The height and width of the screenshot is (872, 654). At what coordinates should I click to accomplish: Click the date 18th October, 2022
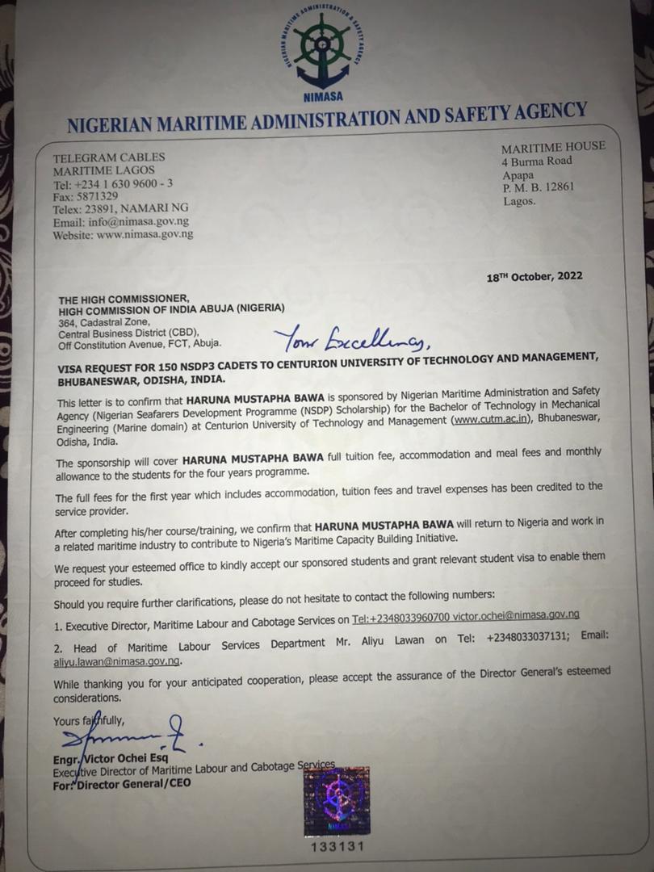[x=534, y=276]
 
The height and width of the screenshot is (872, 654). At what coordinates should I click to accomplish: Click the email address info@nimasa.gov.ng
[x=121, y=221]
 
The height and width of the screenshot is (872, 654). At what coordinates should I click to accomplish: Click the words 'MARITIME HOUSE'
[x=552, y=147]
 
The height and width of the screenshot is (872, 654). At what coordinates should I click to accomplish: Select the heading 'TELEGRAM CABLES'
[x=108, y=157]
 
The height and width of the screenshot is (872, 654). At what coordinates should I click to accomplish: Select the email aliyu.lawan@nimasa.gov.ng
[x=117, y=660]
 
